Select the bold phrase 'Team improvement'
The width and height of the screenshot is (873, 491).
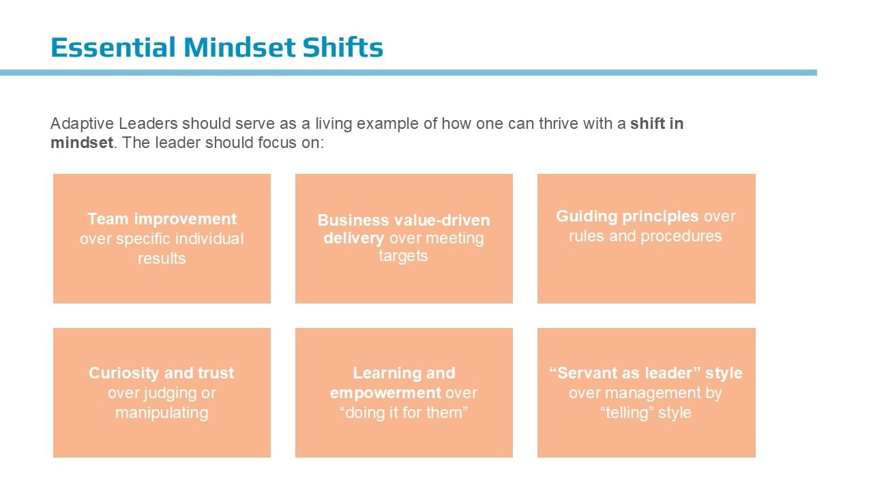pos(162,219)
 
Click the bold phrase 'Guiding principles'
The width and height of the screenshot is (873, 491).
pos(627,216)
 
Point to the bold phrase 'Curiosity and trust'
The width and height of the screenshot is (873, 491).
pos(161,373)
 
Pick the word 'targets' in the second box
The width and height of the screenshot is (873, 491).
pos(403,256)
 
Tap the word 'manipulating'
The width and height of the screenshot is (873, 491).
pos(162,413)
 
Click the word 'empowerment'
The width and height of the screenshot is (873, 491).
pos(385,393)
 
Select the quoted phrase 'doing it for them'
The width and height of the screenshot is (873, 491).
pos(404,413)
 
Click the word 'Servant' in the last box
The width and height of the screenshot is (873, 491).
pos(591,373)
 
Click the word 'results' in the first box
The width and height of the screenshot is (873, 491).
pos(162,258)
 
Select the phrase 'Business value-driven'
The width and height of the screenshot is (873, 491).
pos(404,220)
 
